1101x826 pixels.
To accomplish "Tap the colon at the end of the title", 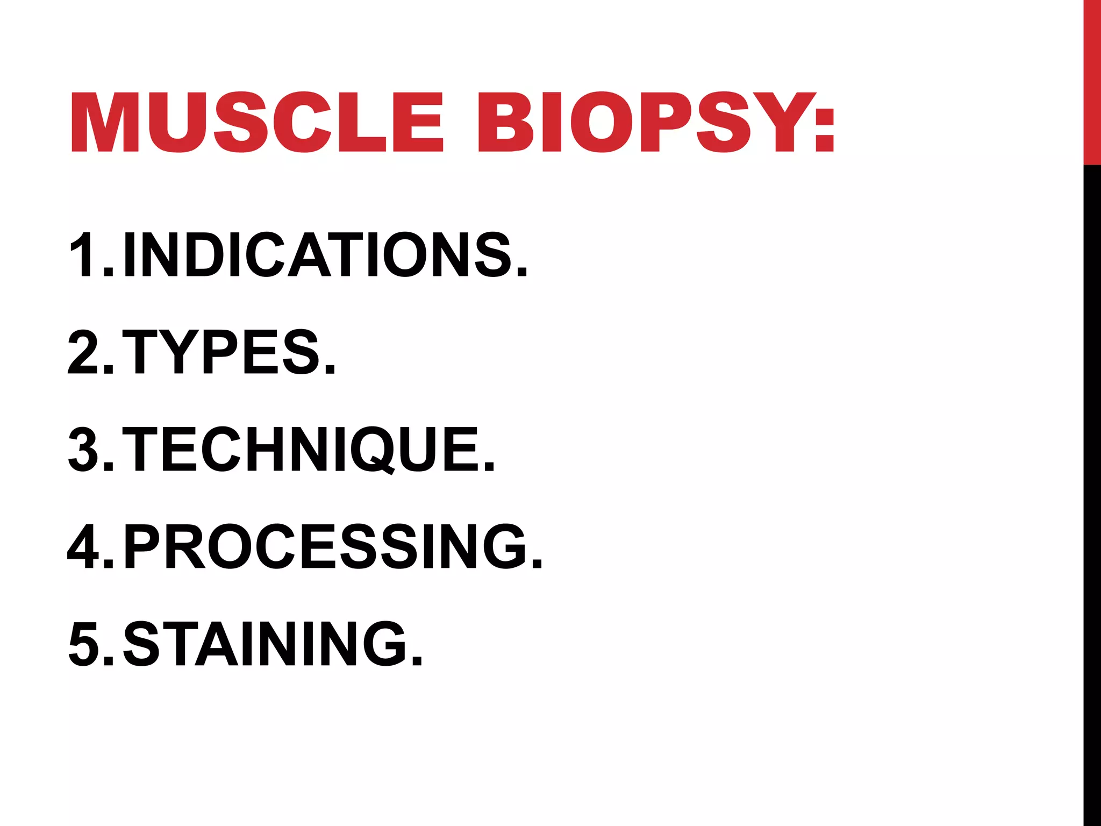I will click(x=824, y=129).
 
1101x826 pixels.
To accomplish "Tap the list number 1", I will click(x=83, y=255).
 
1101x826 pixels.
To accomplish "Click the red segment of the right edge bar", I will click(x=1092, y=81).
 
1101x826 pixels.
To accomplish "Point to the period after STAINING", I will click(x=417, y=661).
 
